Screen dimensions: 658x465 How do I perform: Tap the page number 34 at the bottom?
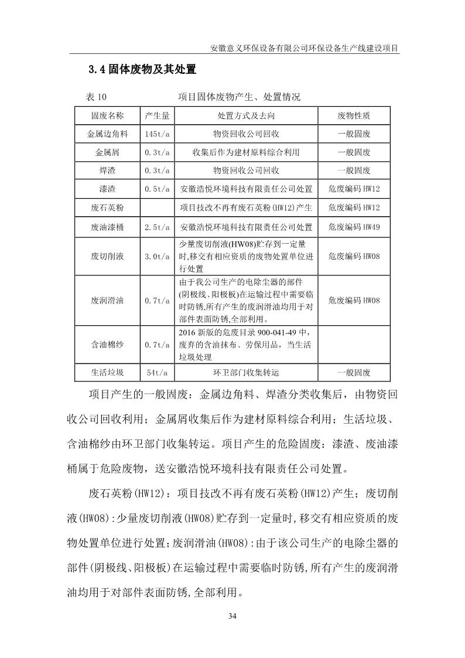point(232,615)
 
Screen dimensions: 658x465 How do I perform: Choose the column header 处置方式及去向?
point(245,115)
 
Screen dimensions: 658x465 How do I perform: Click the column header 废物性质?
point(354,115)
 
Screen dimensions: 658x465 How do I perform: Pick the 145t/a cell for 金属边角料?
point(158,134)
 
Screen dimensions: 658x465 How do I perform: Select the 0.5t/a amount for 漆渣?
point(158,189)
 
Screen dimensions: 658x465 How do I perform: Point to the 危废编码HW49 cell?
point(354,227)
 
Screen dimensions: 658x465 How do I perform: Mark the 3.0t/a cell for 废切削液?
point(158,257)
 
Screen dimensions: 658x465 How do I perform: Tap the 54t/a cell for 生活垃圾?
point(158,373)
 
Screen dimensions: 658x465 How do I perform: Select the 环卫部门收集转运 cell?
point(245,373)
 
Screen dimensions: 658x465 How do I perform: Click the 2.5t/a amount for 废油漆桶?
point(158,227)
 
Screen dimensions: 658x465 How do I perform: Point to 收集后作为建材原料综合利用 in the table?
point(245,152)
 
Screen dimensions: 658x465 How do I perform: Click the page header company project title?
point(305,49)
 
